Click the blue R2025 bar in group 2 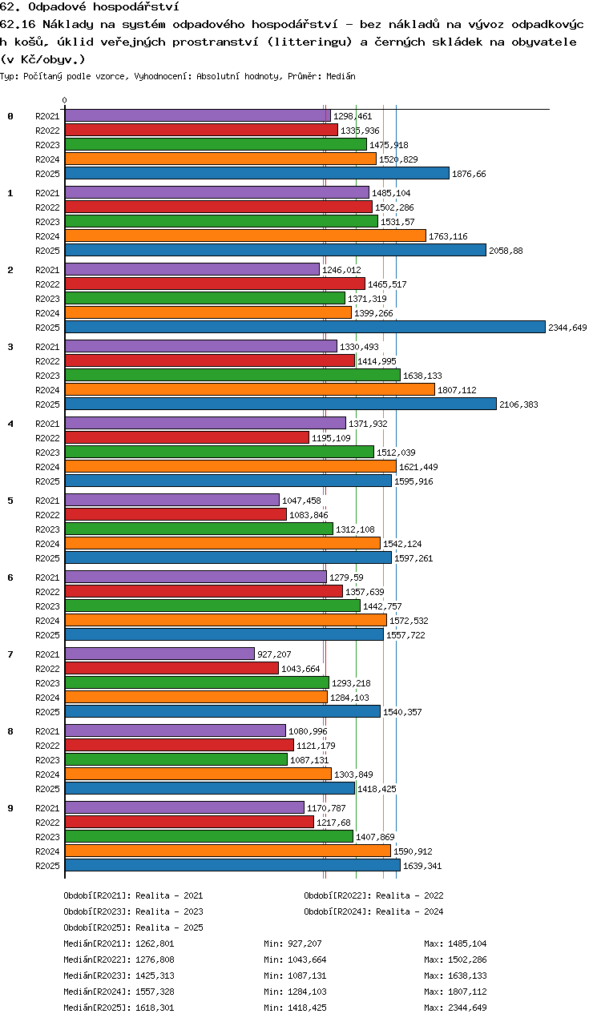point(305,327)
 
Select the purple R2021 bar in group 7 point(159,654)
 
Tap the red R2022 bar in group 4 point(187,437)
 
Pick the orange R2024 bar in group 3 point(250,389)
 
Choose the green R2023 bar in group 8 point(176,759)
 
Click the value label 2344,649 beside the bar point(567,328)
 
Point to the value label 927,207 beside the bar point(274,654)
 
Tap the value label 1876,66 point(469,174)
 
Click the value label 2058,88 point(506,251)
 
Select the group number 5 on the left point(10,501)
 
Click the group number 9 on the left point(10,808)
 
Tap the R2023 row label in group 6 point(47,606)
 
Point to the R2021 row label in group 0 point(47,116)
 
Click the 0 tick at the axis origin point(64,100)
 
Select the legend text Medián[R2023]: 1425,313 point(119,976)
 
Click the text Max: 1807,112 point(455,992)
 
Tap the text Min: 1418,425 point(295,1008)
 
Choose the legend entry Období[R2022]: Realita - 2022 point(373,895)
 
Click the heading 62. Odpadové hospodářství point(90,7)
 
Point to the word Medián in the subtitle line point(341,76)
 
